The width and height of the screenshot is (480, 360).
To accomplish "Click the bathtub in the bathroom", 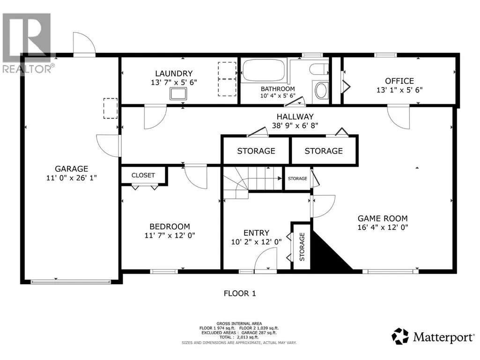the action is coord(264,70).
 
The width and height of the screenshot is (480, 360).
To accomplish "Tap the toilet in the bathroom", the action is coord(319,69).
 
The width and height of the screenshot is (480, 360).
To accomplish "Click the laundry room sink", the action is coord(178,93).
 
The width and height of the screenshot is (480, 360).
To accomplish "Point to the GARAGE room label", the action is coord(71,169).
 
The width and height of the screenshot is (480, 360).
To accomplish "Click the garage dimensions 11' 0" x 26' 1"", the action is coord(71,178).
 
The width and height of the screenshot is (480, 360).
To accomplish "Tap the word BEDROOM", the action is coord(170,227).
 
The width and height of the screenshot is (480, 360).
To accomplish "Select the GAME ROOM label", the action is coord(383,219).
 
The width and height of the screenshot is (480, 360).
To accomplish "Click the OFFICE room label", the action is coord(399,81).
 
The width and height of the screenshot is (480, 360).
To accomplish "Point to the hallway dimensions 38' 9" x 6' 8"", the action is coord(295,125).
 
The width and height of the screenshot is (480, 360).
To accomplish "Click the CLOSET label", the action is coord(143,176).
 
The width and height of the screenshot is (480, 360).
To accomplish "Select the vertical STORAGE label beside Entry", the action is coord(302,247).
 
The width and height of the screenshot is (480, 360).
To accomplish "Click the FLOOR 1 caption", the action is coord(240,293).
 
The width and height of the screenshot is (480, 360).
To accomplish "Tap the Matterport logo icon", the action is coord(400,336).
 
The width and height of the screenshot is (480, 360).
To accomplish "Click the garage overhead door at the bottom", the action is coord(70,282).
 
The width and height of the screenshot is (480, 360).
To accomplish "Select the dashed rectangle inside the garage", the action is coord(111,108).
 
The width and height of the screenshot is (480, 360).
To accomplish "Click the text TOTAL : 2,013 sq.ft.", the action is coord(239,338).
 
